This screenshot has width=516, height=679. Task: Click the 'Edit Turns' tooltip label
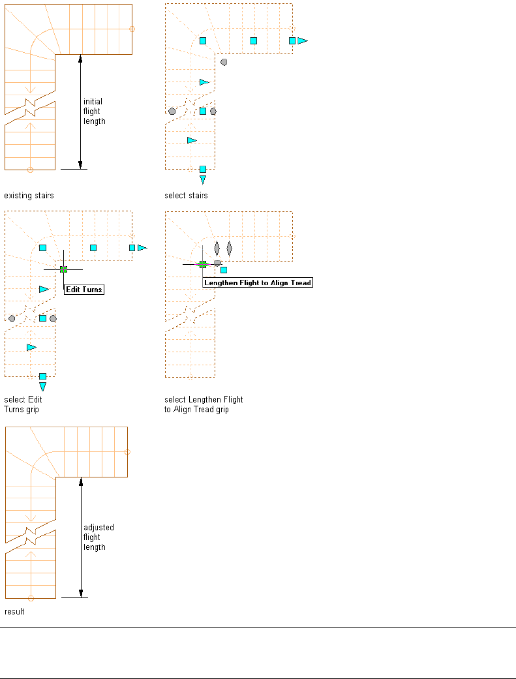[84, 289]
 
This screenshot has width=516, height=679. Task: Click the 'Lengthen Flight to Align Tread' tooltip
[258, 282]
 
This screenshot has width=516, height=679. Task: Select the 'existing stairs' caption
[29, 195]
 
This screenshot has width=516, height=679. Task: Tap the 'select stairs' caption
[187, 195]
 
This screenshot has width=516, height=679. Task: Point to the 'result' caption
[14, 612]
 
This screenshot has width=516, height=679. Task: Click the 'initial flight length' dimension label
[94, 111]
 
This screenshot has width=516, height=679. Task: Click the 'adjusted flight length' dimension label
[99, 537]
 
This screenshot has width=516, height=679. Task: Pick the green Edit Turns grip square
[63, 269]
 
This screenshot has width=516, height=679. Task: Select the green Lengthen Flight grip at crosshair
[203, 264]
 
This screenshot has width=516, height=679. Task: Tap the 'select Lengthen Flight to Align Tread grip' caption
[204, 404]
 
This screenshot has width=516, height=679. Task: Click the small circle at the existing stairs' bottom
[30, 170]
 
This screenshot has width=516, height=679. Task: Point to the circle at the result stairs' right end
[127, 452]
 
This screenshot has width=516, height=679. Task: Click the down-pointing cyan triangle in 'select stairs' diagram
[203, 179]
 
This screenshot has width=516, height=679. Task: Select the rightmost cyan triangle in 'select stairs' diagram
[302, 40]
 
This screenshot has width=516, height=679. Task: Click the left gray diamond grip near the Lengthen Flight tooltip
[217, 248]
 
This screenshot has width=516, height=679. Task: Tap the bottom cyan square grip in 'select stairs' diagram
[203, 169]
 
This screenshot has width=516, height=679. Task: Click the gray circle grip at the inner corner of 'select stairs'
[224, 62]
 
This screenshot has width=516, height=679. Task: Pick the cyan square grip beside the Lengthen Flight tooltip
[224, 269]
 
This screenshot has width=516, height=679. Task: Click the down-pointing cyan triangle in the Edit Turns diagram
[42, 387]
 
